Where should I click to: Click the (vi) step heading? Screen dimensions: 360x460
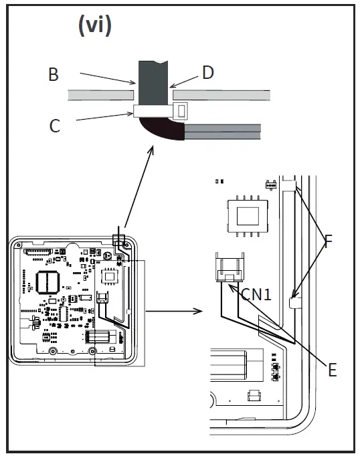coord(95,25)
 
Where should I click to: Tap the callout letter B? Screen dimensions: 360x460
coord(54,74)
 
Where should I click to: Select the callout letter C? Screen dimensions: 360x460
coord(55,126)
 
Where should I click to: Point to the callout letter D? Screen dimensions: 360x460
coord(208,72)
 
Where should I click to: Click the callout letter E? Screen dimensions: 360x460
coord(332,370)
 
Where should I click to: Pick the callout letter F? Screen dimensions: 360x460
coord(328,241)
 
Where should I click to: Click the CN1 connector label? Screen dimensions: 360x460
coord(256,294)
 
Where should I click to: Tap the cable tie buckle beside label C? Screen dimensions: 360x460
coord(180,111)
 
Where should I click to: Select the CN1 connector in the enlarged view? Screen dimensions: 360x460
coord(230,267)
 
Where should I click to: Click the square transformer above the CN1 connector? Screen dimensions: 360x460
coord(248,217)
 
